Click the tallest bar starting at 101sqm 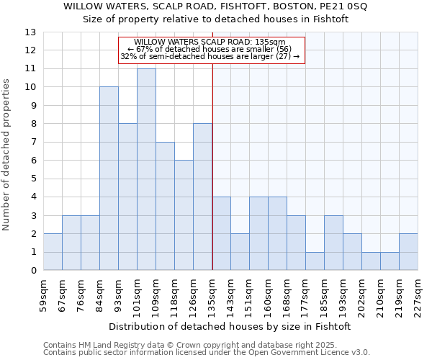point(146,169)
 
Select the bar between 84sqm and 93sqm point(109,179)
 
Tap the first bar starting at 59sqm point(53,252)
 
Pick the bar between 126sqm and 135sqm point(202,197)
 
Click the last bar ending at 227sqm point(408,252)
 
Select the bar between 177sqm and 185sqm point(315,261)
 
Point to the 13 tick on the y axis point(31,32)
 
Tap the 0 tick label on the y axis point(33,271)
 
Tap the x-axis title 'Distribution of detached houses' point(230,326)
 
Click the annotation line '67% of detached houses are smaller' point(210,49)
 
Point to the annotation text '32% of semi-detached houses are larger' point(210,56)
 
